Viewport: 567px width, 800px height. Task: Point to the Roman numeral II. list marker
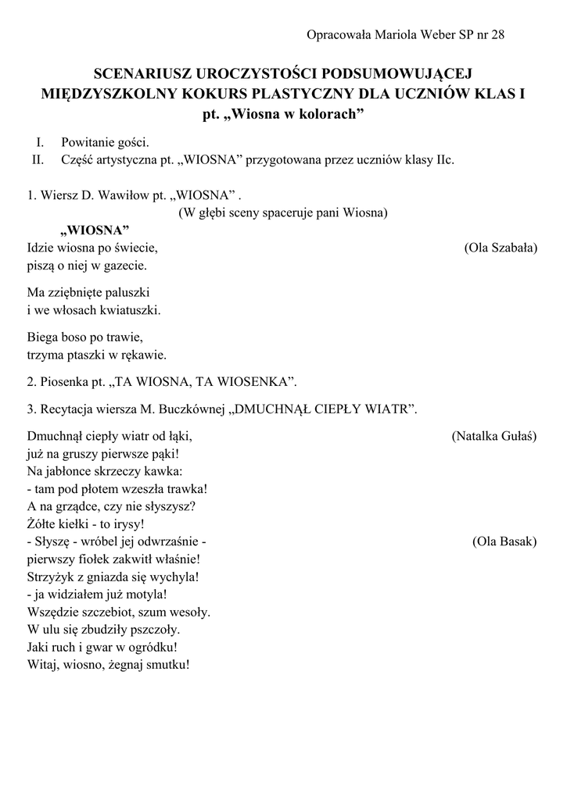(36, 160)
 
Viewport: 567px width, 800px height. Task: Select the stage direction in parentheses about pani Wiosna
(283, 212)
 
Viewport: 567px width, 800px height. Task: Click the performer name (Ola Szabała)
(501, 248)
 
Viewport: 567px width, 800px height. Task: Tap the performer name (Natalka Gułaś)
(494, 436)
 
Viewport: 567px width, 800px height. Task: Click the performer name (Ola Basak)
(504, 541)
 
